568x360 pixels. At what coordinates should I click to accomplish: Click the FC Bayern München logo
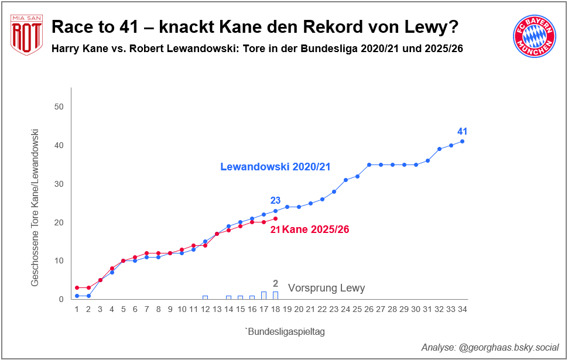point(533,36)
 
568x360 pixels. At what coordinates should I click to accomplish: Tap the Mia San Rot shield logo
point(26,35)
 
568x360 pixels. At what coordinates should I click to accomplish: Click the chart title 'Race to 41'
point(255,27)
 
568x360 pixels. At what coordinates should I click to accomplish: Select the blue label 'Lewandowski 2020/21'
point(275,167)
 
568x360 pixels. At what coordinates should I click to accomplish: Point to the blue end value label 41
point(463,131)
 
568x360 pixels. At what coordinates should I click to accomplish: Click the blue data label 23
point(275,201)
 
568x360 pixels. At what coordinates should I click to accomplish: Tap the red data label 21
point(275,230)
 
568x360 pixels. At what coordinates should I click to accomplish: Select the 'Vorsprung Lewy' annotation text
point(326,288)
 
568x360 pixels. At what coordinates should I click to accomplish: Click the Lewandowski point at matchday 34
point(463,141)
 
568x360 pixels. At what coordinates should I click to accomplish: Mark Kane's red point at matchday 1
point(77,288)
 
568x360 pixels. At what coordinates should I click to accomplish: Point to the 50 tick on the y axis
point(59,107)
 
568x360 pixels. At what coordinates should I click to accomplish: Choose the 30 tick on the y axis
point(59,184)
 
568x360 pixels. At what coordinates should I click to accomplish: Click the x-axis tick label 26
point(369,309)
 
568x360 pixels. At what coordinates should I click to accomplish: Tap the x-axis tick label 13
point(217,309)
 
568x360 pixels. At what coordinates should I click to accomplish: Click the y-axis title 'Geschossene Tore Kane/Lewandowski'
point(35,208)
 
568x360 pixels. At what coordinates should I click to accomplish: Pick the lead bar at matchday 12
point(205,297)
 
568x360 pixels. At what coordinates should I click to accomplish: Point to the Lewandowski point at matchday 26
point(369,164)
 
